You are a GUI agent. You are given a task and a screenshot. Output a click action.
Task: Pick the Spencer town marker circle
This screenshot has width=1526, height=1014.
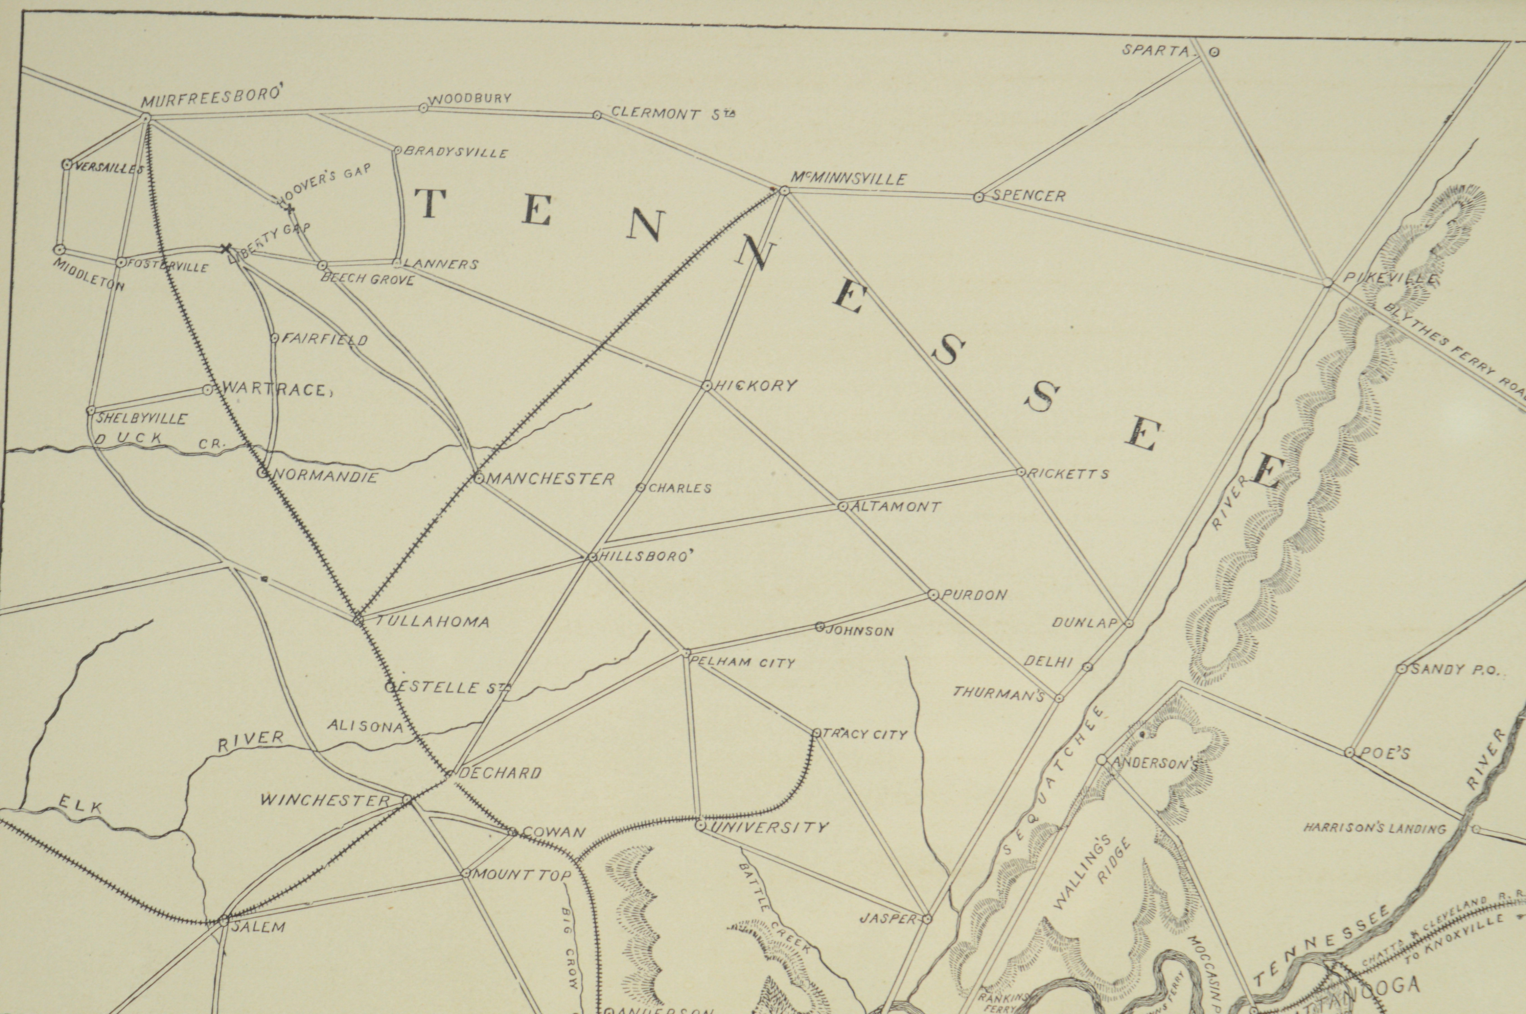(979, 197)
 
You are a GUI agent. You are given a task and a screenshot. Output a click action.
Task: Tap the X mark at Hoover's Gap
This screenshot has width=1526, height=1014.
(290, 208)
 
